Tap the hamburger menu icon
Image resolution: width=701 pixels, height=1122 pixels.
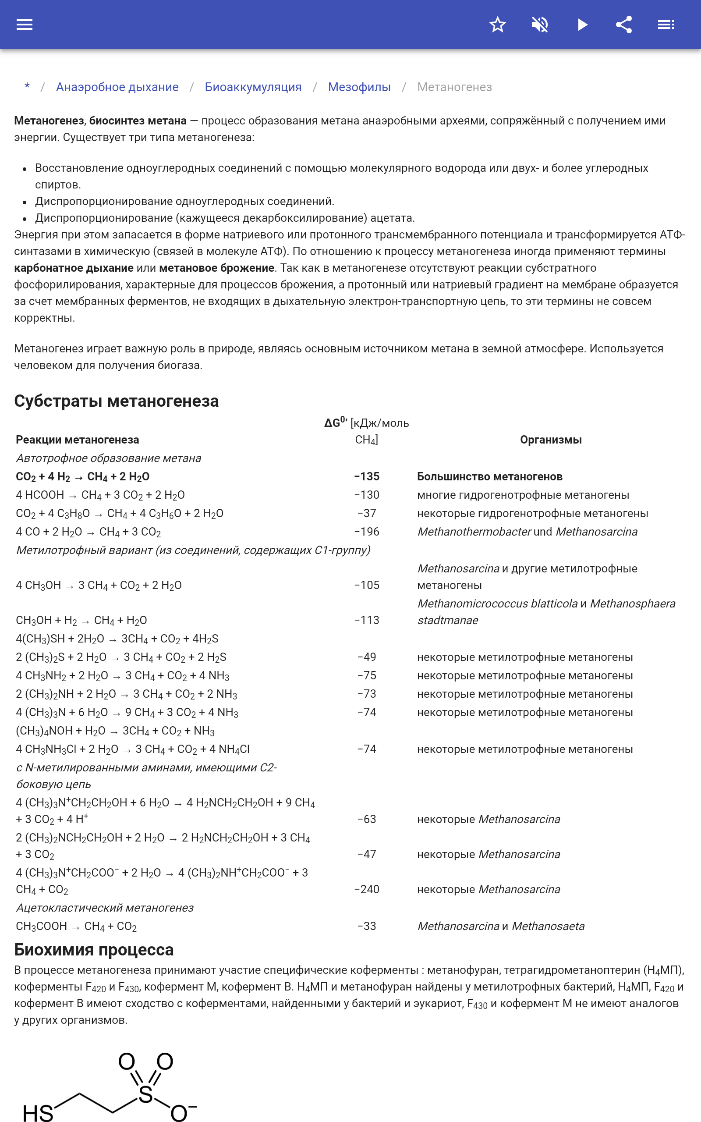click(x=25, y=25)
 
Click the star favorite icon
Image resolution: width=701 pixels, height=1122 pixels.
click(x=497, y=25)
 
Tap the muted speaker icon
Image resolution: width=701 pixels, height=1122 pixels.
click(x=540, y=25)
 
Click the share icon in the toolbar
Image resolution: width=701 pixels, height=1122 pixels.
click(x=624, y=25)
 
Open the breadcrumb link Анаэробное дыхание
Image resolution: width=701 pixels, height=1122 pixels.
click(x=117, y=87)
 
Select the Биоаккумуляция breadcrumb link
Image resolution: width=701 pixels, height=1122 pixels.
click(x=253, y=87)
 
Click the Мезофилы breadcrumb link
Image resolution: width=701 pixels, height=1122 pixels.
click(x=359, y=87)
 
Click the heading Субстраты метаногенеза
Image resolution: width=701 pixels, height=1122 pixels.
click(x=117, y=401)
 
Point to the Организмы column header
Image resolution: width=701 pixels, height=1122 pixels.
click(x=551, y=440)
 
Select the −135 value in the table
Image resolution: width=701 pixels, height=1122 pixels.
click(x=367, y=476)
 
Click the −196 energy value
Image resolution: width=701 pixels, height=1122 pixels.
click(x=367, y=532)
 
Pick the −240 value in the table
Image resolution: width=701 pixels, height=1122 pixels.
click(x=367, y=889)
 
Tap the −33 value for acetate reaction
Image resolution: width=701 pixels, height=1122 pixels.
click(x=367, y=927)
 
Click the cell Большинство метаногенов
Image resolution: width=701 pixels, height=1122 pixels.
click(x=489, y=476)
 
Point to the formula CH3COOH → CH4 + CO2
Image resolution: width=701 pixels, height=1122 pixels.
click(x=77, y=927)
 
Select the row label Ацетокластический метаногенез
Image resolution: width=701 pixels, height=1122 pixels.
click(x=105, y=908)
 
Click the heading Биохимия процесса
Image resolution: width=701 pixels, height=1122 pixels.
click(x=94, y=949)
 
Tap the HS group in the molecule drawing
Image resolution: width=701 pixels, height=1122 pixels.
click(x=38, y=1113)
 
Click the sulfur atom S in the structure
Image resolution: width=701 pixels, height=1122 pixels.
click(x=145, y=1095)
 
